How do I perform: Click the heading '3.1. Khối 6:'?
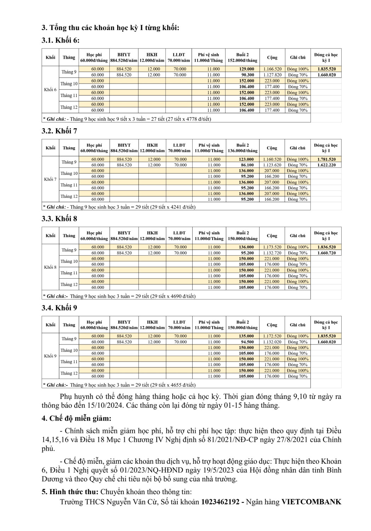[61, 40]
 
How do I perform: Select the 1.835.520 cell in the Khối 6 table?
[326, 69]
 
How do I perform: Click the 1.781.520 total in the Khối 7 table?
[326, 159]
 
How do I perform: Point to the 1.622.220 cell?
[326, 165]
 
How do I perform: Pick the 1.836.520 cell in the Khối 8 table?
[326, 247]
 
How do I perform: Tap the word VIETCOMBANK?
[311, 502]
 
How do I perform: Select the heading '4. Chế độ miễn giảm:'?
[76, 418]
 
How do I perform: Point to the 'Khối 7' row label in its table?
[50, 179]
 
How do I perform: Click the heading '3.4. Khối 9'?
[59, 308]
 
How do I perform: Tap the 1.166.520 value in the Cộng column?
[272, 69]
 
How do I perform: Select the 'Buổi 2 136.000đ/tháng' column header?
[242, 148]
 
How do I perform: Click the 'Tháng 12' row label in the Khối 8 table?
[69, 285]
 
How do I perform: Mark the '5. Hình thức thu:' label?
[70, 492]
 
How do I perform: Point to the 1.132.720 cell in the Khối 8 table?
[272, 253]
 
